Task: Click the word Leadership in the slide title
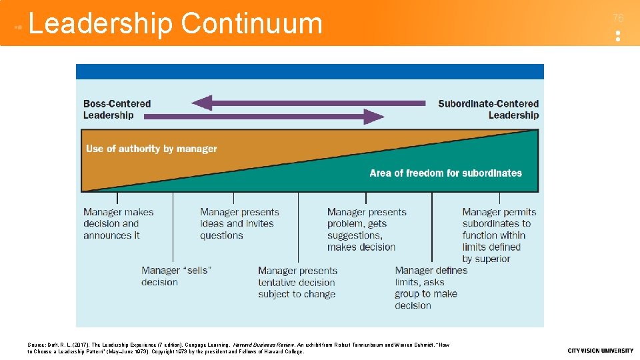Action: (101, 23)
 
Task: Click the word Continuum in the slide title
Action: (251, 23)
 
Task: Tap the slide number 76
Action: (618, 18)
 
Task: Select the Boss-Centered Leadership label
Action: (117, 109)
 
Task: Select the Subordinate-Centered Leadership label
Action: (489, 109)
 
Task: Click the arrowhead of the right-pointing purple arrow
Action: (375, 117)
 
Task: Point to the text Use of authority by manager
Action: (151, 149)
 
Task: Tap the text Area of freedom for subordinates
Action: (445, 173)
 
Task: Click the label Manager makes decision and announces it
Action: (118, 223)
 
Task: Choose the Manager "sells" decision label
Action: (176, 276)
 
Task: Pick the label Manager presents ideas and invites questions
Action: (239, 223)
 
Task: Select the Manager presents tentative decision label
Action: (297, 282)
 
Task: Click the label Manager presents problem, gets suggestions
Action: (366, 229)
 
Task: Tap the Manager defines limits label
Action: (431, 287)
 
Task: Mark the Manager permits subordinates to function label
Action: (499, 235)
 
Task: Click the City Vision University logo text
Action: (600, 351)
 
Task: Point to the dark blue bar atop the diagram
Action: (310, 71)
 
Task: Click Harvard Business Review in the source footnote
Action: (259, 345)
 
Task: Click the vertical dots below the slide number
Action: (618, 36)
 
